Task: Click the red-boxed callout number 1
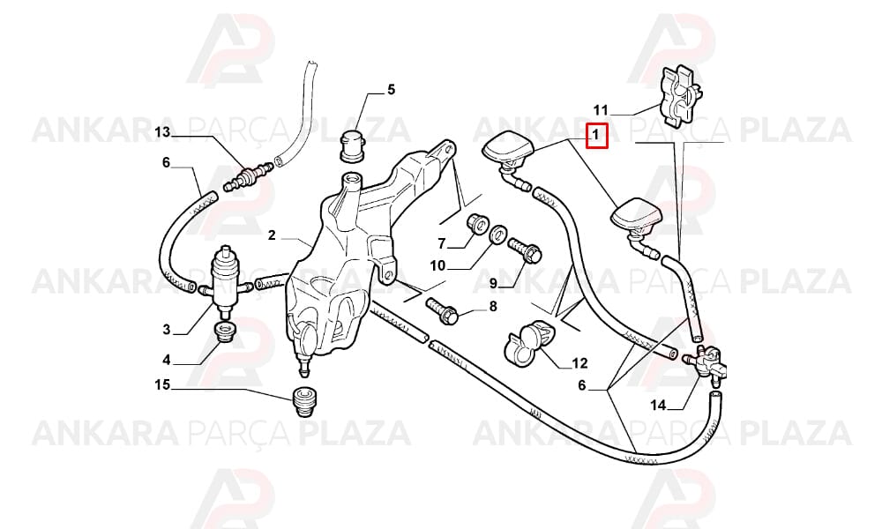pyautogui.click(x=596, y=136)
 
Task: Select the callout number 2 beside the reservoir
pyautogui.click(x=273, y=235)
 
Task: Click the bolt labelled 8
pyautogui.click(x=443, y=309)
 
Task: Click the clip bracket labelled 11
pyautogui.click(x=679, y=97)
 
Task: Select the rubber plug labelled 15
pyautogui.click(x=304, y=402)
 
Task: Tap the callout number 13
pyautogui.click(x=162, y=132)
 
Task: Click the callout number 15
pyautogui.click(x=162, y=385)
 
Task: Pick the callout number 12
pyautogui.click(x=579, y=364)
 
